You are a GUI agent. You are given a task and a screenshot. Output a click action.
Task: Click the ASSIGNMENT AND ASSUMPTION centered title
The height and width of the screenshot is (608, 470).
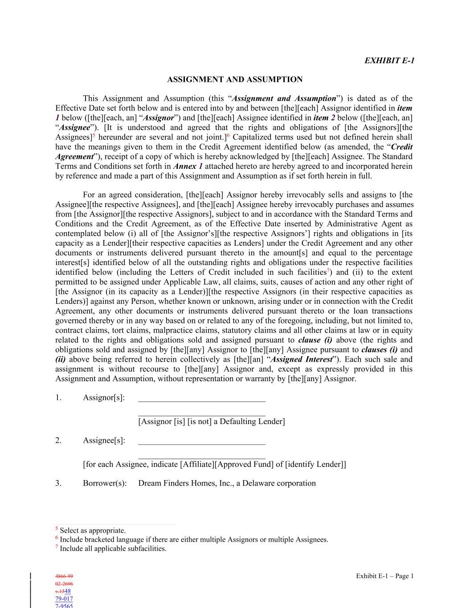[x=235, y=80]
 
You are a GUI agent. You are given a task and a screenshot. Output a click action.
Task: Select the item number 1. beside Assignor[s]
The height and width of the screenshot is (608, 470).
[x=58, y=397]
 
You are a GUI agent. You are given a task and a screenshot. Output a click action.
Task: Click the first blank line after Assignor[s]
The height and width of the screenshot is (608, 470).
[x=202, y=400]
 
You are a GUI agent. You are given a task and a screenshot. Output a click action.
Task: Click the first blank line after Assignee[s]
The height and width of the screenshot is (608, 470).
[x=202, y=443]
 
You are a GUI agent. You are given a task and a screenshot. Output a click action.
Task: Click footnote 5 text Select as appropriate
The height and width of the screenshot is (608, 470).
[x=92, y=530]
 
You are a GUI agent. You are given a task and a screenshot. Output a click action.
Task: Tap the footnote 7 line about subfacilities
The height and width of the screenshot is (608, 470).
[x=113, y=549]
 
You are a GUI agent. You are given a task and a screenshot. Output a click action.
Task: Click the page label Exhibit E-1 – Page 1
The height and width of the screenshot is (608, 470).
[x=385, y=576]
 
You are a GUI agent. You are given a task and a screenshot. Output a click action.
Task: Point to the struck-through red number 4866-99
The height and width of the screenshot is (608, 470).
[x=64, y=576]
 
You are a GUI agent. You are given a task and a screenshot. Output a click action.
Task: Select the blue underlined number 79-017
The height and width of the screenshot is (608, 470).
[x=64, y=599]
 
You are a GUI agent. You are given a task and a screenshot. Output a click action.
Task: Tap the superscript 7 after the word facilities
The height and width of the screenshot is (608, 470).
[x=328, y=270]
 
